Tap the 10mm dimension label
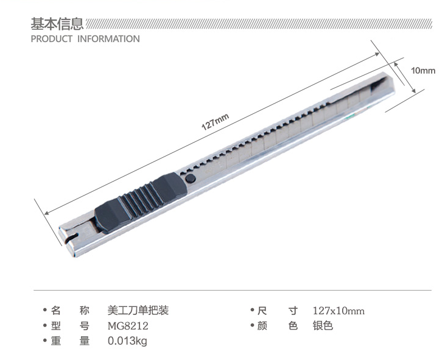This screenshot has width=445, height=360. coord(423,70)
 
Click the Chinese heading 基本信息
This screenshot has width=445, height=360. coord(57,24)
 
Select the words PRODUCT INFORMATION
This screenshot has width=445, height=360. coord(85,39)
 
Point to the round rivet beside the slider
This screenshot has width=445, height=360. coord(190,178)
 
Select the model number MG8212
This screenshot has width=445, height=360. coord(128,326)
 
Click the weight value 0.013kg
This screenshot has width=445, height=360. coord(127,341)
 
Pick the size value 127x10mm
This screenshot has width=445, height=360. coord(338,311)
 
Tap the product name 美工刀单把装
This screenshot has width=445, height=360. coord(138,311)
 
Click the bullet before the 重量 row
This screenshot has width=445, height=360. coord(44,341)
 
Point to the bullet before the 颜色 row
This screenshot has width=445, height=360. coord(251,326)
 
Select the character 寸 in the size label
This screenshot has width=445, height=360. coord(293,311)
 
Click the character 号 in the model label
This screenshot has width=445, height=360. coord(85,326)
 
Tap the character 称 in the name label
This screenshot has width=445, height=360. coord(85,311)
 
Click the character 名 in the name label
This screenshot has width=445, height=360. coord(56,311)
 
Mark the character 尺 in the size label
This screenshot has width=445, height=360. coord(263,311)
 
